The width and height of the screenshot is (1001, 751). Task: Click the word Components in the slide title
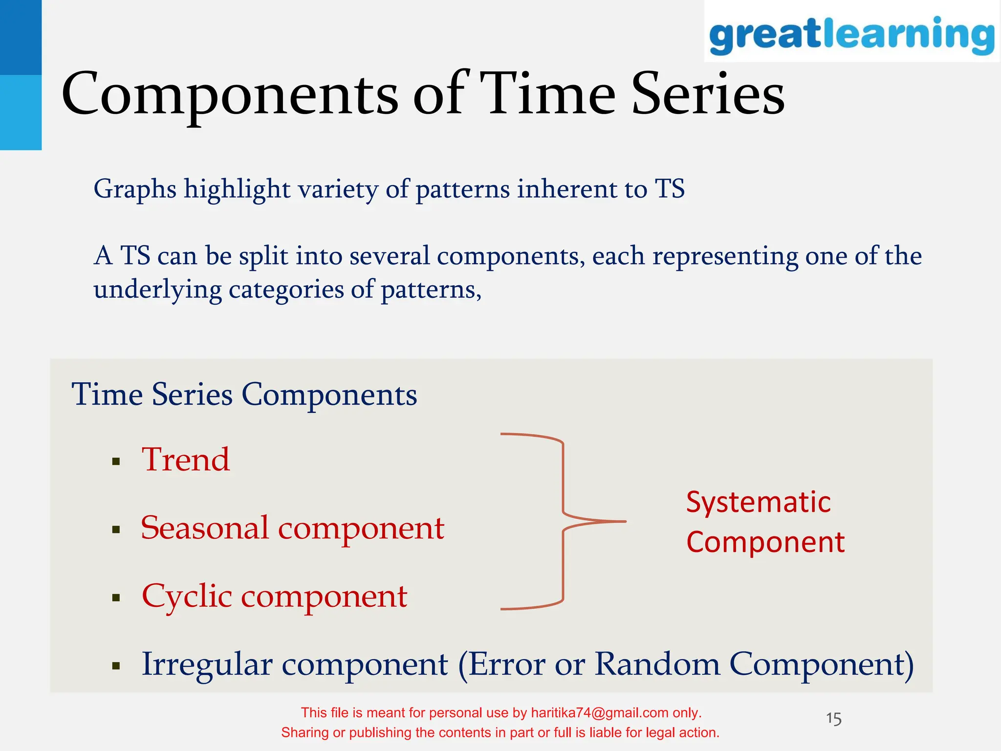coord(230,94)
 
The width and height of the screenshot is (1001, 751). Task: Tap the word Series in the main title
coord(708,94)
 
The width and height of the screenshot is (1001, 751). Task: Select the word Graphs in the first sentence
coord(135,189)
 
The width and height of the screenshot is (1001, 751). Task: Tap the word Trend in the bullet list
coord(186,460)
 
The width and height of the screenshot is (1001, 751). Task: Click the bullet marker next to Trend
coord(116,462)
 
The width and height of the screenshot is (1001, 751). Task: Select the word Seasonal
coord(205,529)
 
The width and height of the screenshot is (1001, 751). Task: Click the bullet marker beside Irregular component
coord(116,665)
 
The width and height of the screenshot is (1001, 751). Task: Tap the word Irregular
coord(207,664)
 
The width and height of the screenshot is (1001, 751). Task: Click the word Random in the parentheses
coord(657,664)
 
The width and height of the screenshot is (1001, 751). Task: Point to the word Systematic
coord(758,502)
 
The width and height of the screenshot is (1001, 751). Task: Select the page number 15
coord(833,719)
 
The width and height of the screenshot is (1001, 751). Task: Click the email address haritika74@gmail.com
coord(599,713)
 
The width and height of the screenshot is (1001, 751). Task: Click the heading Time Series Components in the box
coord(244,395)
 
